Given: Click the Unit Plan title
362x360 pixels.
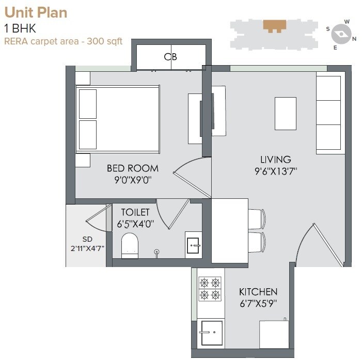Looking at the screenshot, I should tap(36, 12).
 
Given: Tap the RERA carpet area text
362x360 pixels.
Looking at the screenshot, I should tap(63, 41).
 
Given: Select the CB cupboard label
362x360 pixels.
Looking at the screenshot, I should tap(170, 57).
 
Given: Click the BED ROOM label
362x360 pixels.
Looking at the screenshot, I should tap(133, 168).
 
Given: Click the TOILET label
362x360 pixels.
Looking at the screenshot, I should tap(135, 212).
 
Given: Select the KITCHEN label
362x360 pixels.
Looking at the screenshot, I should tap(258, 292).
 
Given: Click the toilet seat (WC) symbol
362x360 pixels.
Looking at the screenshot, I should tap(130, 245).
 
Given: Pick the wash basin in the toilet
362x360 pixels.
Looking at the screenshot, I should tap(194, 244).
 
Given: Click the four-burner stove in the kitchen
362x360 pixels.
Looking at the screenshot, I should tap(210, 289).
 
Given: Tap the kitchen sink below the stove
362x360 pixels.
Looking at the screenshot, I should tap(211, 333).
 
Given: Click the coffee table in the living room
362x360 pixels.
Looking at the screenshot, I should tap(285, 113).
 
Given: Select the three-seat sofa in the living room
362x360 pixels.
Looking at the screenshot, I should tap(329, 113).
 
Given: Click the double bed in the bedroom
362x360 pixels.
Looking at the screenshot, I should tap(117, 119).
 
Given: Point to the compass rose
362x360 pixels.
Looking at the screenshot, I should tap(340, 35).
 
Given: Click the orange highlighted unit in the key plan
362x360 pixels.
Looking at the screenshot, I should tap(274, 25).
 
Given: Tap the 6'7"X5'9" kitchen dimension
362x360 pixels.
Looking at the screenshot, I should tap(258, 304).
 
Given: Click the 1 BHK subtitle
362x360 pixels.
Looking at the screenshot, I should tap(20, 29).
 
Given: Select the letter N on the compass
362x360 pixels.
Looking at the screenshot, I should tap(354, 39).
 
